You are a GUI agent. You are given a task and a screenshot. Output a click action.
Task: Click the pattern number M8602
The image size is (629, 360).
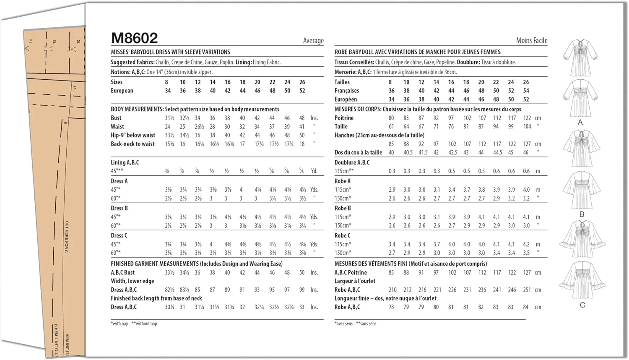(134, 38)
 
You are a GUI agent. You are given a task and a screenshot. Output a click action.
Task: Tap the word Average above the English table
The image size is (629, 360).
(313, 41)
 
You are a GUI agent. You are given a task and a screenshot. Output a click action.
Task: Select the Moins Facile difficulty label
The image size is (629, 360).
(531, 41)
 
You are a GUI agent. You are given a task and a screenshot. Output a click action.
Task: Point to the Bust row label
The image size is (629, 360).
(116, 118)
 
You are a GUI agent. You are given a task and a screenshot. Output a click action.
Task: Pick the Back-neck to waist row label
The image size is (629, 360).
(133, 144)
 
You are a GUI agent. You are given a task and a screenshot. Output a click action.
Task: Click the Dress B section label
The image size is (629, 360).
(119, 208)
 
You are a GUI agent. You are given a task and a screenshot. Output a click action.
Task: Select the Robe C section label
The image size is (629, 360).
(342, 235)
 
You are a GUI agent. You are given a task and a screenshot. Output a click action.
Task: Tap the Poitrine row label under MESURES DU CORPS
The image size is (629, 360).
(344, 118)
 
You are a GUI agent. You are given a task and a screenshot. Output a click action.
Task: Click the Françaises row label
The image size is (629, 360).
(346, 91)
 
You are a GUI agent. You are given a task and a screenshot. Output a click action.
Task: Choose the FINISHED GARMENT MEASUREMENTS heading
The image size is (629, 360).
(155, 263)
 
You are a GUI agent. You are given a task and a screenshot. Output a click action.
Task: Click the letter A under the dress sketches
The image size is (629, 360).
(580, 123)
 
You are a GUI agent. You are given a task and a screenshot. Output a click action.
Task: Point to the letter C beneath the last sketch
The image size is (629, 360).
(582, 305)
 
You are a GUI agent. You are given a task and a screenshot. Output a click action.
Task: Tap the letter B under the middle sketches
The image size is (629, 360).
(582, 214)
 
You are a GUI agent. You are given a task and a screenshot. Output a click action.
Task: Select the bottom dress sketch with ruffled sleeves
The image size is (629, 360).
(582, 280)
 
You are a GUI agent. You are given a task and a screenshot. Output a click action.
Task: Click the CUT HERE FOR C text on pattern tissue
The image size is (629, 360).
(67, 237)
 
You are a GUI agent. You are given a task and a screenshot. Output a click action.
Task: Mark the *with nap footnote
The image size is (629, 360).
(120, 323)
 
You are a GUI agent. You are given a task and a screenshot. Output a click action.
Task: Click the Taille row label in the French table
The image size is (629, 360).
(341, 126)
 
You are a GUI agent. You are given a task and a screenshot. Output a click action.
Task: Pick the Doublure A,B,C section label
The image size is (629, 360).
(352, 162)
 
